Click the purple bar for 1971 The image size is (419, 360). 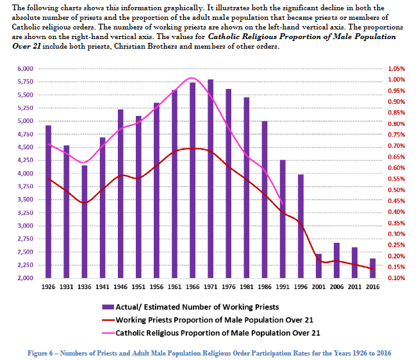coord(210,179)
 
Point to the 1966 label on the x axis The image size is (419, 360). coord(192,287)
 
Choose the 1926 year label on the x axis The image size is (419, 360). coord(48,287)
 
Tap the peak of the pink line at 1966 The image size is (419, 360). coord(192,78)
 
